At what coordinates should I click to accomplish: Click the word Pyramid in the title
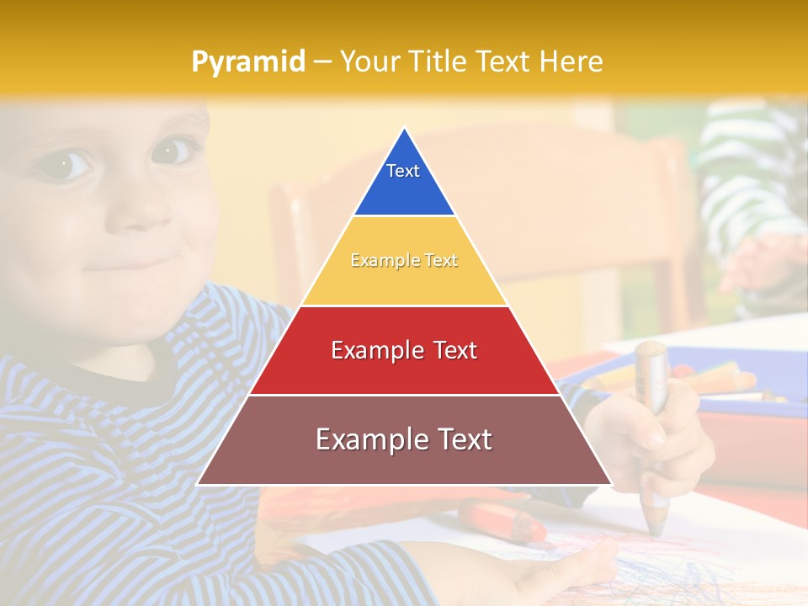[247, 62]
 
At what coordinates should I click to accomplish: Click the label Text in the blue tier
[403, 171]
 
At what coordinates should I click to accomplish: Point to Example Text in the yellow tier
[404, 261]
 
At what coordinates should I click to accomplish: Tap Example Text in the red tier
[404, 350]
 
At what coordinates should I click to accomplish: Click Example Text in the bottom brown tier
[404, 439]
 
